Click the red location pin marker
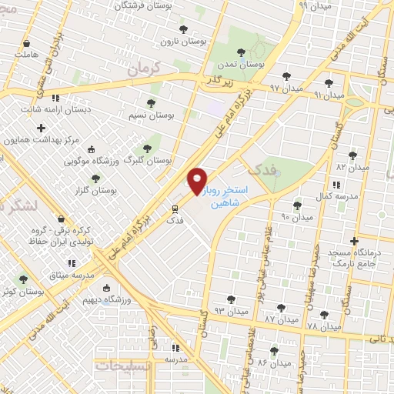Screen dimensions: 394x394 click(198, 182)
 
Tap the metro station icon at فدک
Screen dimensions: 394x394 click(175, 208)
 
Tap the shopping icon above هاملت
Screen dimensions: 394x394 click(28, 43)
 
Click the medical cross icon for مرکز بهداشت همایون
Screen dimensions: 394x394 click(41, 127)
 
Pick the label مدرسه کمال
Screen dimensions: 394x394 click(337, 197)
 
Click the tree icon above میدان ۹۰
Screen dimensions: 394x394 click(298, 205)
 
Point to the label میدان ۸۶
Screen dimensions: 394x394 click(273, 362)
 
